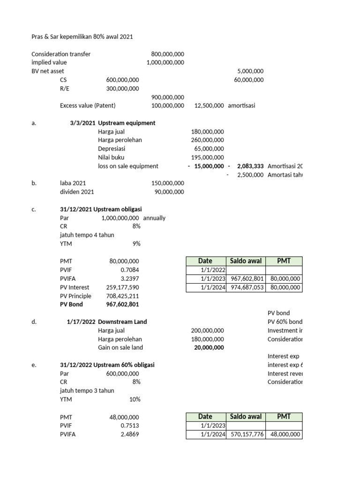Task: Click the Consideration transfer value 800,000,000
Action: (x=167, y=54)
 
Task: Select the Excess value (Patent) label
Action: (x=88, y=106)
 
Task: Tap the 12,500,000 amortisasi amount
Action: (x=209, y=106)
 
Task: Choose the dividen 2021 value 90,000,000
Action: (x=169, y=192)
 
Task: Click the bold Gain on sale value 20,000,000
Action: (x=209, y=347)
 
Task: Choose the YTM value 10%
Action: (x=134, y=399)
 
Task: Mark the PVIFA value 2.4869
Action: (x=129, y=434)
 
